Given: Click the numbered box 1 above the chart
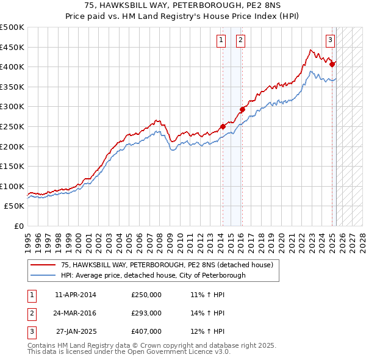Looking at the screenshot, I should (x=220, y=41).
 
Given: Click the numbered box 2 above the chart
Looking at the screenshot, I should (x=241, y=41).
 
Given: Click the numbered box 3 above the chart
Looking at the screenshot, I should (x=330, y=41).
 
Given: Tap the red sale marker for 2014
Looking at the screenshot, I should (x=223, y=126).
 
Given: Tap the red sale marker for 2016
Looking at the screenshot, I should (x=242, y=110).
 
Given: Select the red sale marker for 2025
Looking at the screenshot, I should (x=332, y=63).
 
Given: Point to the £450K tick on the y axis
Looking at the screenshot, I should (x=12, y=47).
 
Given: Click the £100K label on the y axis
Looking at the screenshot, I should (x=12, y=186).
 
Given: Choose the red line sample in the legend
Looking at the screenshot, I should (x=43, y=265).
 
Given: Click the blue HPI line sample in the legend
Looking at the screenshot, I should (x=43, y=275).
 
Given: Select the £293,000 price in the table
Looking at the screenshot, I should (x=146, y=313).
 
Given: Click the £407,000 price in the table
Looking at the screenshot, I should (x=146, y=331).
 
